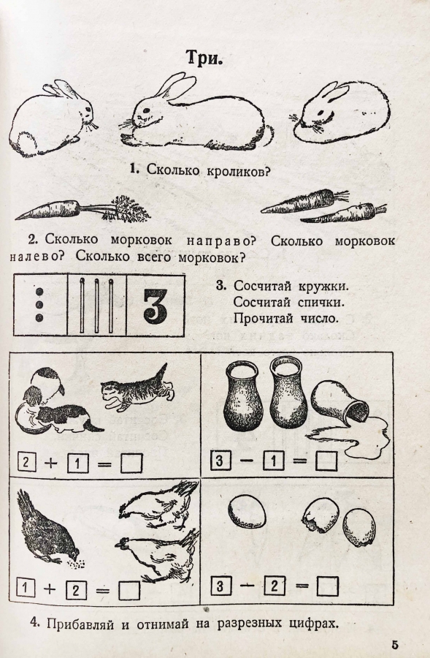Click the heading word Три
click(x=204, y=58)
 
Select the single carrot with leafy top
click(x=83, y=208)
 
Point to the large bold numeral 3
click(x=156, y=305)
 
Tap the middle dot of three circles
click(x=40, y=305)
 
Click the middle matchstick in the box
click(x=97, y=305)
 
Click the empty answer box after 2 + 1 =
click(x=131, y=464)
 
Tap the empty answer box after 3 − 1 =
click(x=326, y=461)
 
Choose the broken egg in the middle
click(x=320, y=515)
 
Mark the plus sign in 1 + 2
click(x=50, y=589)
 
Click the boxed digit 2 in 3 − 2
click(x=274, y=586)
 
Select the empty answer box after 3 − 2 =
click(x=327, y=586)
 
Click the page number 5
click(x=395, y=644)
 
